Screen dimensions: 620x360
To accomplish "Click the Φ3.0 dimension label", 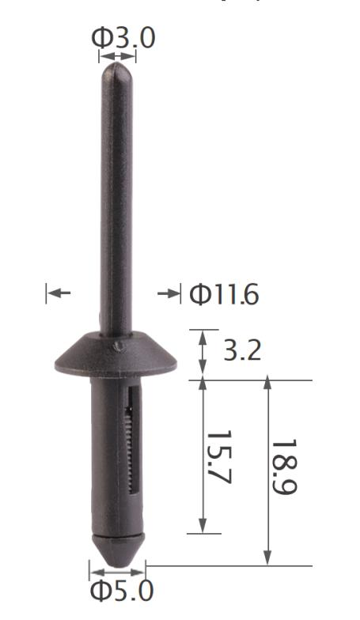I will pos(123,36).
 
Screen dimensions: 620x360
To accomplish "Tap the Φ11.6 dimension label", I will pos(224,295).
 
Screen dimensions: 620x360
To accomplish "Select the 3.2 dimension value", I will pos(242,350).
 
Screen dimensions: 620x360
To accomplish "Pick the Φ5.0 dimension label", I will pos(121,591).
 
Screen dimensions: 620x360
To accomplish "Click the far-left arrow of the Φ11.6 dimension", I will pos(58,294).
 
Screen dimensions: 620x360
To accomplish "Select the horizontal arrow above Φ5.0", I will pos(117,571).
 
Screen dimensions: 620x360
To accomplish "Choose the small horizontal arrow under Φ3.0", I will pos(117,56).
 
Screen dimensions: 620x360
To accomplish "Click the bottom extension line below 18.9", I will pos(229,565).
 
